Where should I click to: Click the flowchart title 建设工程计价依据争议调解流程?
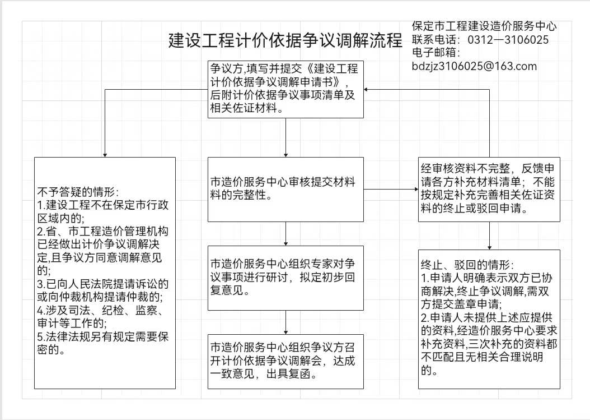click(x=285, y=40)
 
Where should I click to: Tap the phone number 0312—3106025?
click(x=508, y=40)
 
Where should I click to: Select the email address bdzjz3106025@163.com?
click(x=474, y=66)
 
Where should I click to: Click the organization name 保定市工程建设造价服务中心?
click(x=484, y=26)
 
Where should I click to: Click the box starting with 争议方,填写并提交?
click(x=285, y=89)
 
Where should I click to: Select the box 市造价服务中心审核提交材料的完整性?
click(x=285, y=190)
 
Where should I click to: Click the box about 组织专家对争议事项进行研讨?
click(x=285, y=278)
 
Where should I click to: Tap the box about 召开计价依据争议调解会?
click(x=285, y=361)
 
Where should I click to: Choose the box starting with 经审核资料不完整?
click(x=489, y=190)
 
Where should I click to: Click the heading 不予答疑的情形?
click(x=78, y=192)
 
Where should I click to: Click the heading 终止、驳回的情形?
click(x=467, y=265)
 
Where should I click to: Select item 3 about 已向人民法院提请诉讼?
click(x=103, y=290)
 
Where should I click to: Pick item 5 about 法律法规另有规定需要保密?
click(x=103, y=343)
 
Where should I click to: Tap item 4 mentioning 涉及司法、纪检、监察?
click(x=101, y=317)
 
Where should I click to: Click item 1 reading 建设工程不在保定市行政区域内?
click(x=103, y=211)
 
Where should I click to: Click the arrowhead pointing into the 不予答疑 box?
click(x=105, y=155)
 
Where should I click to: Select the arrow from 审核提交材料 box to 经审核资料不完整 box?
click(x=391, y=190)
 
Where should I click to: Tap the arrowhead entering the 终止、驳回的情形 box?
click(x=490, y=247)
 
